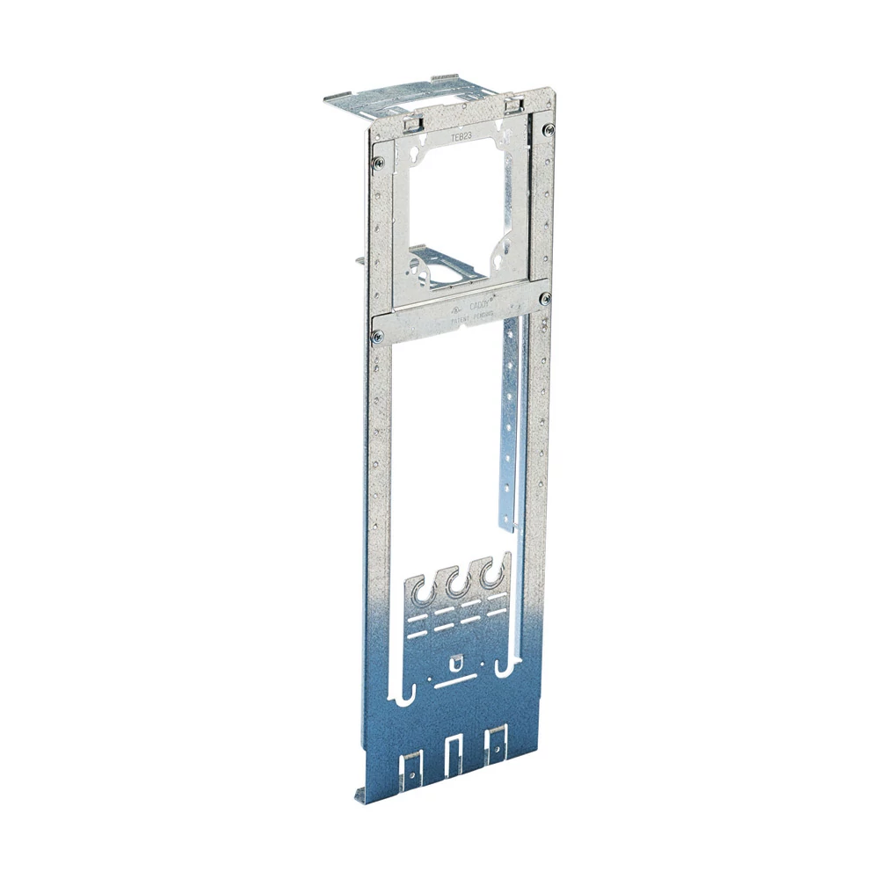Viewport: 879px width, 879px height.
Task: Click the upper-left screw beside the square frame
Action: (377, 161)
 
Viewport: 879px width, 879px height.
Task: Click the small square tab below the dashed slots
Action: (455, 661)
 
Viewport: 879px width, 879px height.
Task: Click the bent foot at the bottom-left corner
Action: (362, 795)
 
